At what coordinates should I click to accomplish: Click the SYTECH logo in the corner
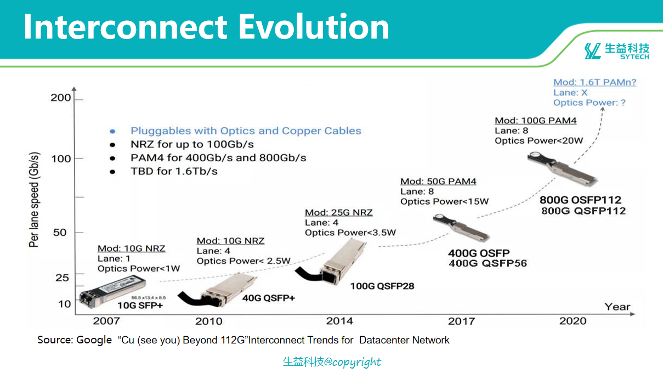click(617, 51)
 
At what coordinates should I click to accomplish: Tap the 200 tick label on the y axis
click(61, 98)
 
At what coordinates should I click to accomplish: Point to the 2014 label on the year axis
click(339, 321)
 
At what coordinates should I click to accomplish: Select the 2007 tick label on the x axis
click(106, 321)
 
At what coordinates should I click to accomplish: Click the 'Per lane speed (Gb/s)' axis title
click(34, 200)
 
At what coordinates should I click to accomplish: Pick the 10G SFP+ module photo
click(112, 292)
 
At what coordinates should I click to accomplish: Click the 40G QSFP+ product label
click(269, 298)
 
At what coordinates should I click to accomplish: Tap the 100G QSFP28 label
click(382, 286)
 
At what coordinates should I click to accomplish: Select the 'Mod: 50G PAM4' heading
click(438, 181)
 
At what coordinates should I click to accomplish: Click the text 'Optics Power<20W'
click(539, 140)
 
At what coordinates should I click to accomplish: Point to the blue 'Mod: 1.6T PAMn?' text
click(594, 82)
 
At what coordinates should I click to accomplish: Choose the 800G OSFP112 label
click(580, 200)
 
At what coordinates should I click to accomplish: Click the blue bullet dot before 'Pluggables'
click(112, 131)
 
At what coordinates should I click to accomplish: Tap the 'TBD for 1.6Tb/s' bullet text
click(174, 171)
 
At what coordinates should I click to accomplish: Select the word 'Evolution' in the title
click(314, 27)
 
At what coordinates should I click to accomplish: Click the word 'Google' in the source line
click(94, 340)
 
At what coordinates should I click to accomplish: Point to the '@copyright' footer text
click(352, 361)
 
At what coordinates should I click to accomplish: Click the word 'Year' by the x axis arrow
click(617, 307)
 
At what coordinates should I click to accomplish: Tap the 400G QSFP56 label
click(488, 263)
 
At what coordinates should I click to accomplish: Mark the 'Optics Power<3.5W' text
click(350, 233)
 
